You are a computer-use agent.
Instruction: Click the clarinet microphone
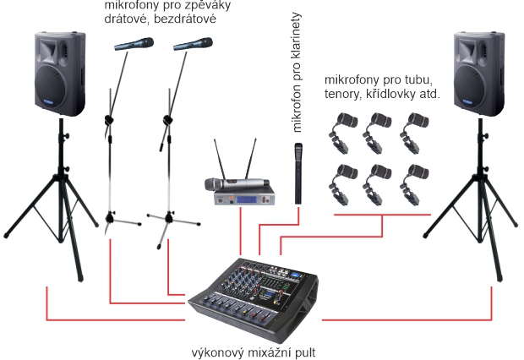[298, 172]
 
